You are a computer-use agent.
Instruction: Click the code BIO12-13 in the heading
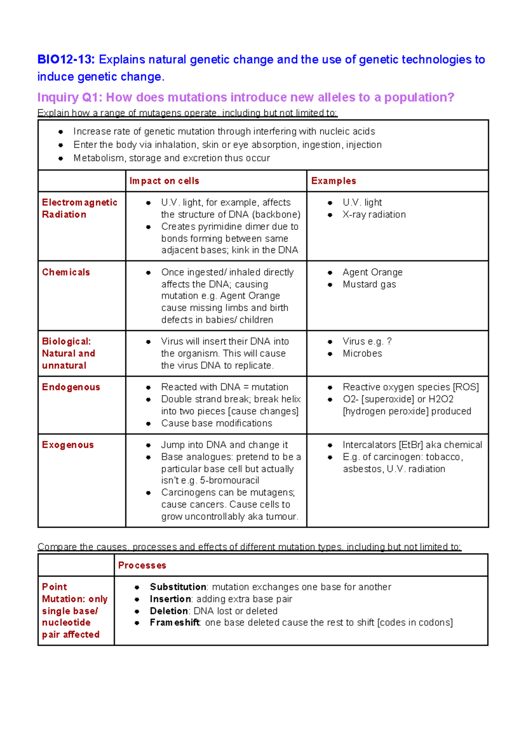66,60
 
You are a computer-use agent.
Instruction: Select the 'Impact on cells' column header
164,181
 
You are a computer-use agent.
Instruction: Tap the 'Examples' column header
334,181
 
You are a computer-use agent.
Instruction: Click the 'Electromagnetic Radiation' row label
79,208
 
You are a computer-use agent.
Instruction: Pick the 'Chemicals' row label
66,272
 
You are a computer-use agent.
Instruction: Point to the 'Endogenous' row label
71,387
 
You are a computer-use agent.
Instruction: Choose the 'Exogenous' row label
68,445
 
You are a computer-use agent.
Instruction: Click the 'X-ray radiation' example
374,215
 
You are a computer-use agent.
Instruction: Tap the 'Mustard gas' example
369,284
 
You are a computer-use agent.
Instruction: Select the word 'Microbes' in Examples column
362,353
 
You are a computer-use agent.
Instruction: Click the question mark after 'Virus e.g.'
389,342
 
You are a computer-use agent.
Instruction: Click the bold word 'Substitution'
178,587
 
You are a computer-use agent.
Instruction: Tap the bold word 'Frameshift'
174,623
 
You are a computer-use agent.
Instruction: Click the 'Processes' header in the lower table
142,565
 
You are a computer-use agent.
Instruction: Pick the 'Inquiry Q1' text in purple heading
69,97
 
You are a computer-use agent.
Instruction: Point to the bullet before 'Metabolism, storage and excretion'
60,158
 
